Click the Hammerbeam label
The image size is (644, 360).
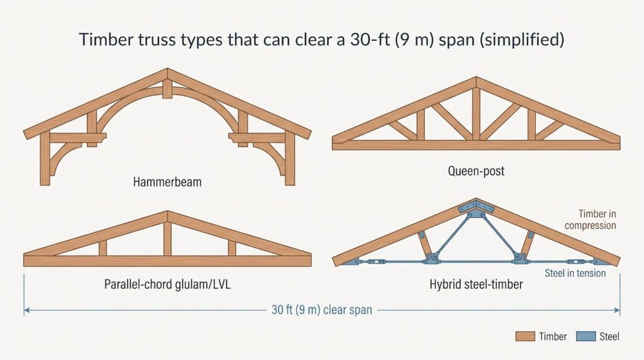pyautogui.click(x=167, y=182)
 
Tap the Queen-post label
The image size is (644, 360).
pyautogui.click(x=476, y=171)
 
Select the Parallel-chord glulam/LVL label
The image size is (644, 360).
pyautogui.click(x=167, y=284)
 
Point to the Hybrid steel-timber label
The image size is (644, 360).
pyautogui.click(x=476, y=284)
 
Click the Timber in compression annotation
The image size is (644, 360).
pyautogui.click(x=590, y=220)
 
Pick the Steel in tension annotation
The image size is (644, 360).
pyautogui.click(x=575, y=273)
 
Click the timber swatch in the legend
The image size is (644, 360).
pyautogui.click(x=525, y=337)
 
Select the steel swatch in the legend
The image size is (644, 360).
pyautogui.click(x=586, y=337)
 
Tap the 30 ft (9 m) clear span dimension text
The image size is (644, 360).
pyautogui.click(x=321, y=310)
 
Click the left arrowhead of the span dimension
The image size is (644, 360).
pyautogui.click(x=26, y=310)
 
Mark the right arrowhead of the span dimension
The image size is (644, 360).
pyautogui.click(x=618, y=310)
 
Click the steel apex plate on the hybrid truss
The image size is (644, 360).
pyautogui.click(x=476, y=208)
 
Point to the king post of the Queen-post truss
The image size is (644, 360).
pyautogui.click(x=476, y=114)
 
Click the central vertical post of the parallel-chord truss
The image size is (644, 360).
pyautogui.click(x=167, y=239)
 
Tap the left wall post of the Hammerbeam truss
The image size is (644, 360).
pyautogui.click(x=45, y=158)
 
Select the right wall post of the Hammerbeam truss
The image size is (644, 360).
pyautogui.click(x=290, y=158)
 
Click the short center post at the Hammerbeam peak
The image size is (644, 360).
pyautogui.click(x=167, y=89)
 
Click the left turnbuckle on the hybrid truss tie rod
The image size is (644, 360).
pyautogui.click(x=376, y=261)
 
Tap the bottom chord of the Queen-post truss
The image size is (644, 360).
pyautogui.click(x=476, y=145)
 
